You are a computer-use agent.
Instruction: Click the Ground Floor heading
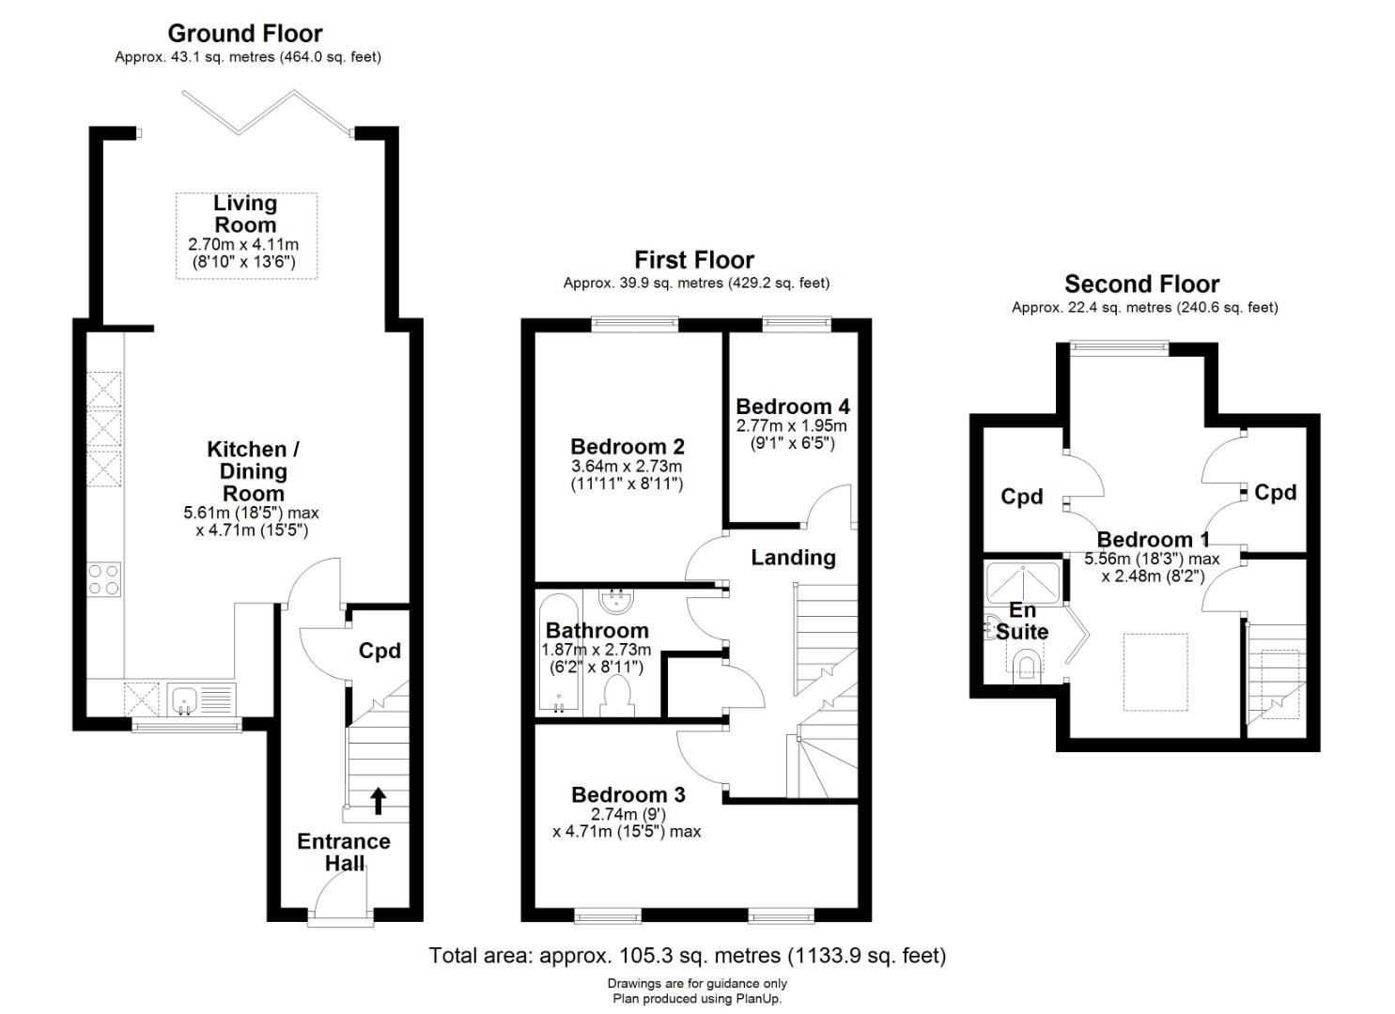[245, 34]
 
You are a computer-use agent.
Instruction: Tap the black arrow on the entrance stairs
[378, 801]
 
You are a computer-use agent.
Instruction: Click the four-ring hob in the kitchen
[103, 579]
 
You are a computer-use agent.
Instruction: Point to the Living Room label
[245, 214]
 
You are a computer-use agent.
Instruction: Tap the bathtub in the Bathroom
[559, 653]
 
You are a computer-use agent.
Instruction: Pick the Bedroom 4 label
[792, 407]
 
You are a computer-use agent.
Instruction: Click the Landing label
[793, 558]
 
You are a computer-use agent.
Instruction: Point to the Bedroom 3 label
[628, 794]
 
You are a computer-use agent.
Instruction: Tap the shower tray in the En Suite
[1023, 583]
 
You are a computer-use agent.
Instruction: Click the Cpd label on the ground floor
[380, 651]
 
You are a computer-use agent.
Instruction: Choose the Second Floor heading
[1141, 284]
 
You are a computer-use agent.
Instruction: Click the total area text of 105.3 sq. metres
[688, 955]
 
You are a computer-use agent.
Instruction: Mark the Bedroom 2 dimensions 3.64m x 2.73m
[627, 467]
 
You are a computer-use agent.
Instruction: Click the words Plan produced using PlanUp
[697, 998]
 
